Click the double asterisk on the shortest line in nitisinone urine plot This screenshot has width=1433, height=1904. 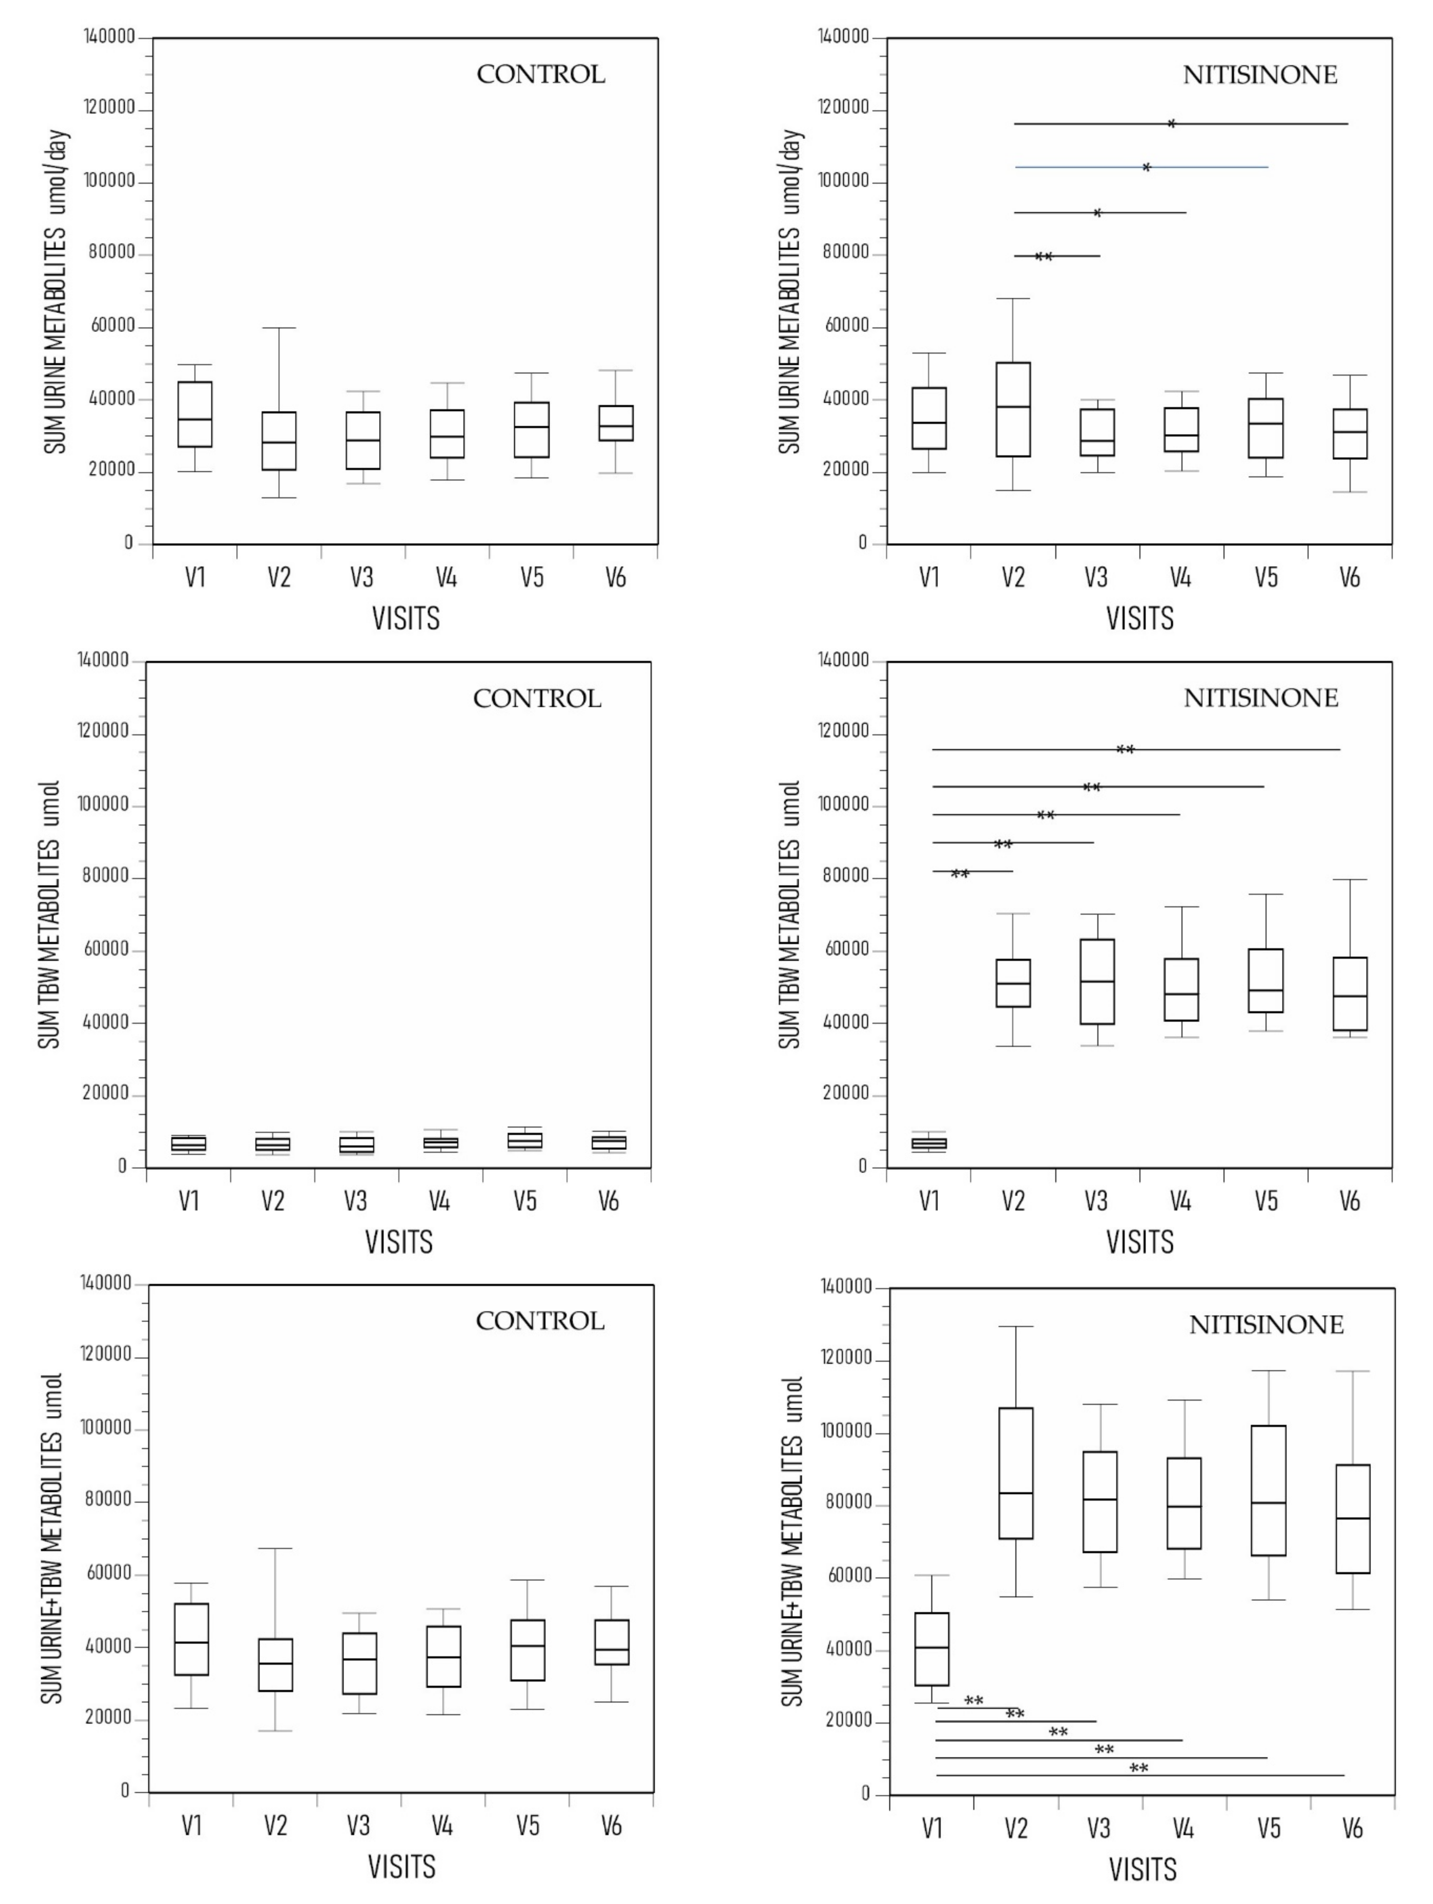pos(1043,256)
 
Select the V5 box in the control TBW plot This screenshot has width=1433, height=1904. pos(524,1140)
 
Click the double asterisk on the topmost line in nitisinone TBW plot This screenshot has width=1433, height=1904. pos(1125,750)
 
